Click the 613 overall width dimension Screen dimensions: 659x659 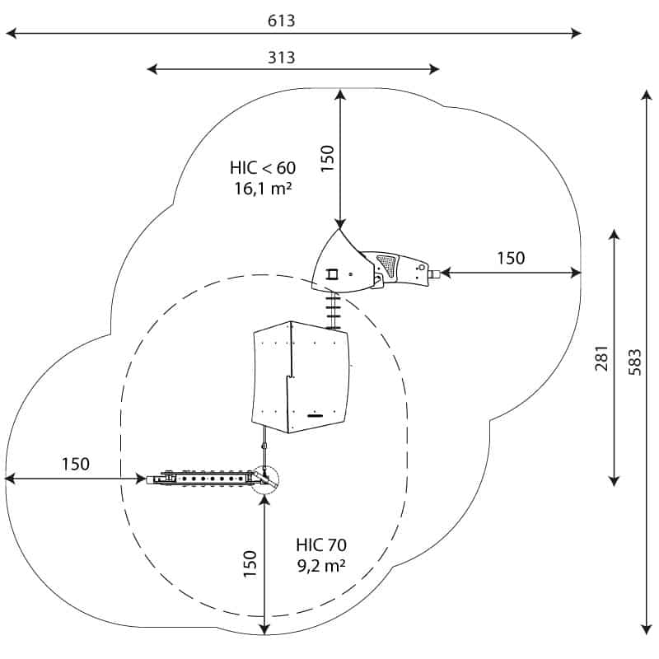click(281, 21)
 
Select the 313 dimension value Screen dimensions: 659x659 click(281, 57)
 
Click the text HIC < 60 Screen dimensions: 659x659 click(262, 168)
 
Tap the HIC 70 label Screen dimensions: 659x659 click(320, 544)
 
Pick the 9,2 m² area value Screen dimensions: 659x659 click(320, 565)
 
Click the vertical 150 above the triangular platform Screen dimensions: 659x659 click(327, 159)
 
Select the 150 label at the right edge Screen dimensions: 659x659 click(510, 259)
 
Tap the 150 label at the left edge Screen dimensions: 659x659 click(76, 464)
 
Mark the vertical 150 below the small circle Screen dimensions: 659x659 click(250, 566)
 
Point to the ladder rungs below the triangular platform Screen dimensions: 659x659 click(334, 310)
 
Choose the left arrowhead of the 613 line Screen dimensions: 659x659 click(11, 34)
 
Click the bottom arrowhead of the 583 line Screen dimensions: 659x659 click(646, 629)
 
